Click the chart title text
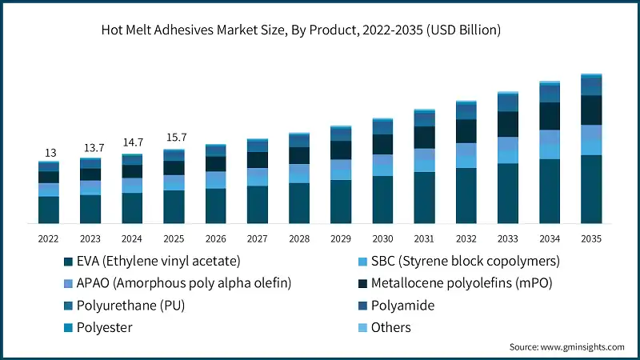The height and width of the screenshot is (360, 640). coord(301,31)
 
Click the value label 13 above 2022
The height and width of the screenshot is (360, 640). coord(50,153)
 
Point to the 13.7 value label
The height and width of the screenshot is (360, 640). coord(91,149)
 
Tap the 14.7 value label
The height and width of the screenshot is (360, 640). coord(133,142)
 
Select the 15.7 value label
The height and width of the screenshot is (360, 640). coord(174,137)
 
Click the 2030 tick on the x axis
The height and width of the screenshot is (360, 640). coord(383,238)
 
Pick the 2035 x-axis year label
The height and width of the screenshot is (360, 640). coord(591,238)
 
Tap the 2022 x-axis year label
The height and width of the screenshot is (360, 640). coord(50,238)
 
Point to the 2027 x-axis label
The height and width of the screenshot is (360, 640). coord(258,238)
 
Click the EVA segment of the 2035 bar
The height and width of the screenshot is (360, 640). coord(591,189)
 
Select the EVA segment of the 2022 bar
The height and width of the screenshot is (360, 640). coord(50,210)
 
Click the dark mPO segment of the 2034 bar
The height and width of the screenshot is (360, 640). coord(550,116)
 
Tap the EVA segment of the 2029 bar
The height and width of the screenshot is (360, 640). coord(341,202)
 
